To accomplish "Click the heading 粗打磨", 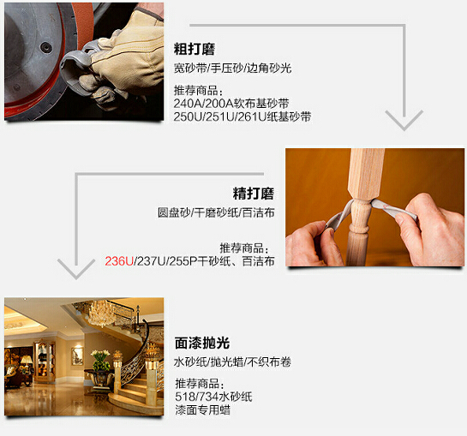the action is [x=195, y=49].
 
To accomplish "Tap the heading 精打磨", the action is [x=254, y=194].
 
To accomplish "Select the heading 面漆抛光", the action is [x=202, y=343].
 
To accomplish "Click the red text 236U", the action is [x=119, y=261].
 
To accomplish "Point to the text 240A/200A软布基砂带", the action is [x=231, y=104].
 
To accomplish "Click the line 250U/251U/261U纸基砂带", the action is [x=242, y=116].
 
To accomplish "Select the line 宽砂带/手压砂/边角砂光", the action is [x=232, y=69].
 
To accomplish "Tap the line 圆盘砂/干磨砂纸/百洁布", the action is [x=216, y=212].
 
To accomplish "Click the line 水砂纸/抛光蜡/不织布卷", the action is [x=232, y=362].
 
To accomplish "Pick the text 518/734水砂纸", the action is [x=214, y=397].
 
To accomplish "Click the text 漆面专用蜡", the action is [x=202, y=410].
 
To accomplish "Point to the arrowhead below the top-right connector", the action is [x=404, y=120].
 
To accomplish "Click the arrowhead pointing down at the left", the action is [x=76, y=269].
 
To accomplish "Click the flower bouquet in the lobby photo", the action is [x=100, y=360].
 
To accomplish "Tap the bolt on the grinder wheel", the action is [x=46, y=47].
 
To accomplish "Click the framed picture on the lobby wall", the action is [x=77, y=355].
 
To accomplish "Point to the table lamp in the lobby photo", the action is [x=27, y=362].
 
